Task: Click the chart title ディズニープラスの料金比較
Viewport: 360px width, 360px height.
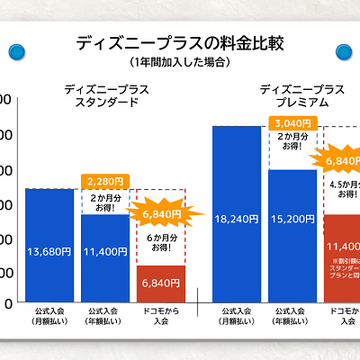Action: pyautogui.click(x=180, y=42)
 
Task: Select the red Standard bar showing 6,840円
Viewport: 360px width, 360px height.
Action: pyautogui.click(x=161, y=283)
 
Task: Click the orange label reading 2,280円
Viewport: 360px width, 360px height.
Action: pyautogui.click(x=105, y=181)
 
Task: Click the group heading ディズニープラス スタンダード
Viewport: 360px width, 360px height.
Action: pyautogui.click(x=106, y=95)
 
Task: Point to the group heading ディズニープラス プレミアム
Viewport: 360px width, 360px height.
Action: pyautogui.click(x=302, y=95)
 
